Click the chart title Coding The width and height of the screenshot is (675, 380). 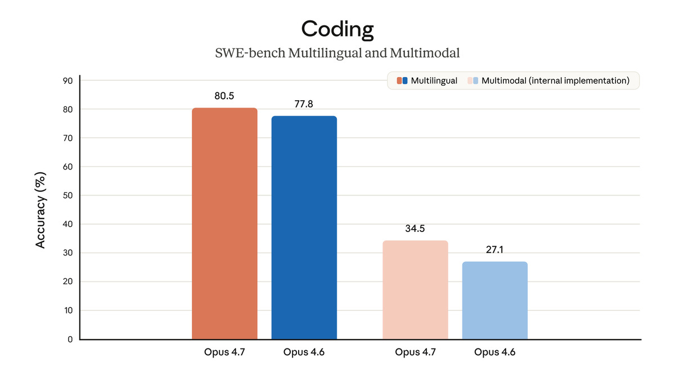pyautogui.click(x=337, y=29)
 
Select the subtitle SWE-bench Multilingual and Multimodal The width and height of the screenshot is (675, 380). pyautogui.click(x=337, y=53)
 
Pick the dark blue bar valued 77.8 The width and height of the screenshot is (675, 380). pyautogui.click(x=304, y=227)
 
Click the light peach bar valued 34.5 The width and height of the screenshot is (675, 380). pyautogui.click(x=415, y=290)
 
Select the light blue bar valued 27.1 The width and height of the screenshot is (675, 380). pyautogui.click(x=494, y=301)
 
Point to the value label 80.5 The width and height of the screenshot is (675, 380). pyautogui.click(x=224, y=96)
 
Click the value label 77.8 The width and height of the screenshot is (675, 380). pyautogui.click(x=304, y=104)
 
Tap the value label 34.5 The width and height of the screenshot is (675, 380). pyautogui.click(x=415, y=229)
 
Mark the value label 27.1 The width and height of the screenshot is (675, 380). pyautogui.click(x=494, y=249)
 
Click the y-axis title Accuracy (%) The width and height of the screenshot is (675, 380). pyautogui.click(x=40, y=209)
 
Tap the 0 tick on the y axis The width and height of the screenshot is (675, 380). pyautogui.click(x=70, y=339)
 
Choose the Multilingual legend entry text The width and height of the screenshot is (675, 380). pyautogui.click(x=434, y=81)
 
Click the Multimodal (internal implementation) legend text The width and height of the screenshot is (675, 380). pyautogui.click(x=555, y=81)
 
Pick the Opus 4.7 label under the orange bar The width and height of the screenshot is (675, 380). pyautogui.click(x=224, y=352)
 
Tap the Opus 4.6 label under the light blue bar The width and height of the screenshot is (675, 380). pyautogui.click(x=494, y=352)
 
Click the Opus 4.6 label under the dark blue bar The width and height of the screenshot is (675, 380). pyautogui.click(x=304, y=352)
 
